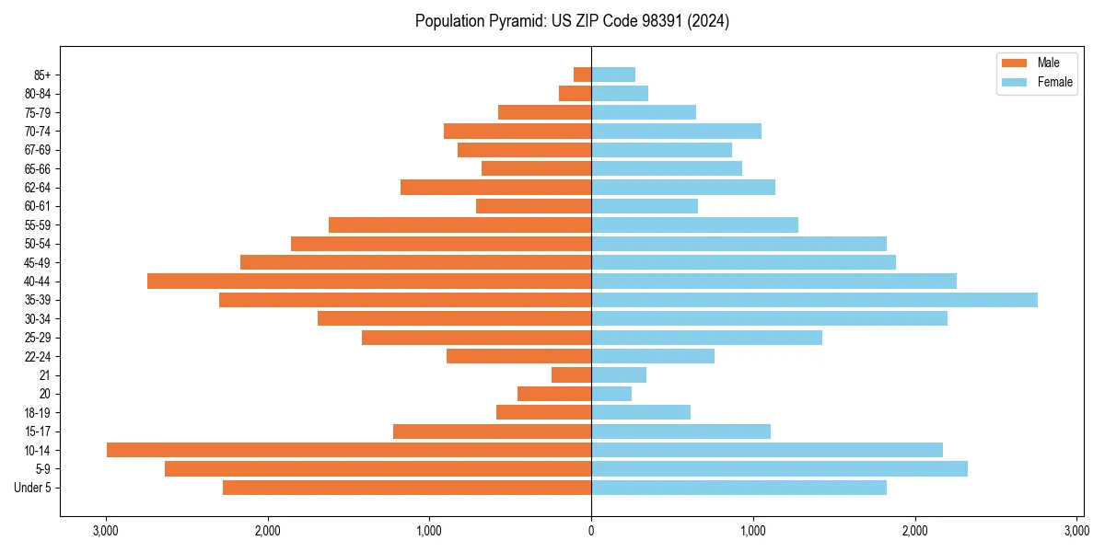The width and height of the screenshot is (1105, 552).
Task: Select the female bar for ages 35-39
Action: pos(814,300)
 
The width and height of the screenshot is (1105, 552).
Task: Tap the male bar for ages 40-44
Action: pos(368,281)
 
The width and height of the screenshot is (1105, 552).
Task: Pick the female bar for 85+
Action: pos(613,75)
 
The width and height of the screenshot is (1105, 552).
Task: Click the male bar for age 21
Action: pos(571,374)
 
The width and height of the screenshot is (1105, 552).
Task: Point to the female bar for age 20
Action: pos(611,394)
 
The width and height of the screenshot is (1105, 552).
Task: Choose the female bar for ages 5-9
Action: pos(779,468)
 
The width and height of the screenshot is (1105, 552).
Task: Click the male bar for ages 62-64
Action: pos(495,187)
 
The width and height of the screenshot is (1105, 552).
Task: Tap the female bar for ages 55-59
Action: pos(694,224)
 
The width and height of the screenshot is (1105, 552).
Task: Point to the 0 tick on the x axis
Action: pos(591,531)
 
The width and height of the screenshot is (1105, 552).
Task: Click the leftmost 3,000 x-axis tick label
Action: pos(106,531)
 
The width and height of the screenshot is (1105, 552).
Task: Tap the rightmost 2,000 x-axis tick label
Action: pos(914,531)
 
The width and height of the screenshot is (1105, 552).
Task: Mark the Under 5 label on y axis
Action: pos(33,488)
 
